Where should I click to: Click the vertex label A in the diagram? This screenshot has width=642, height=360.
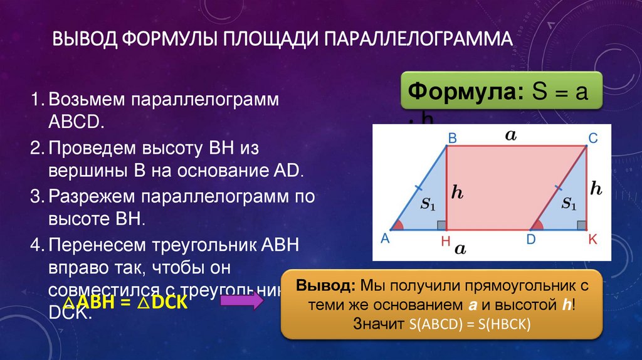click(385, 238)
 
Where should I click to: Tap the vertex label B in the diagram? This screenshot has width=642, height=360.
click(452, 137)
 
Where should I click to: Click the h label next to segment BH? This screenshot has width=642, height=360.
click(458, 193)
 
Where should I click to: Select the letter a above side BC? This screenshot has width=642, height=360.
click(510, 134)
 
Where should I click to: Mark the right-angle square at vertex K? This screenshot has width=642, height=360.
click(582, 225)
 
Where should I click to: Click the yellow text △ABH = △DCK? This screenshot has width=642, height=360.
click(119, 302)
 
